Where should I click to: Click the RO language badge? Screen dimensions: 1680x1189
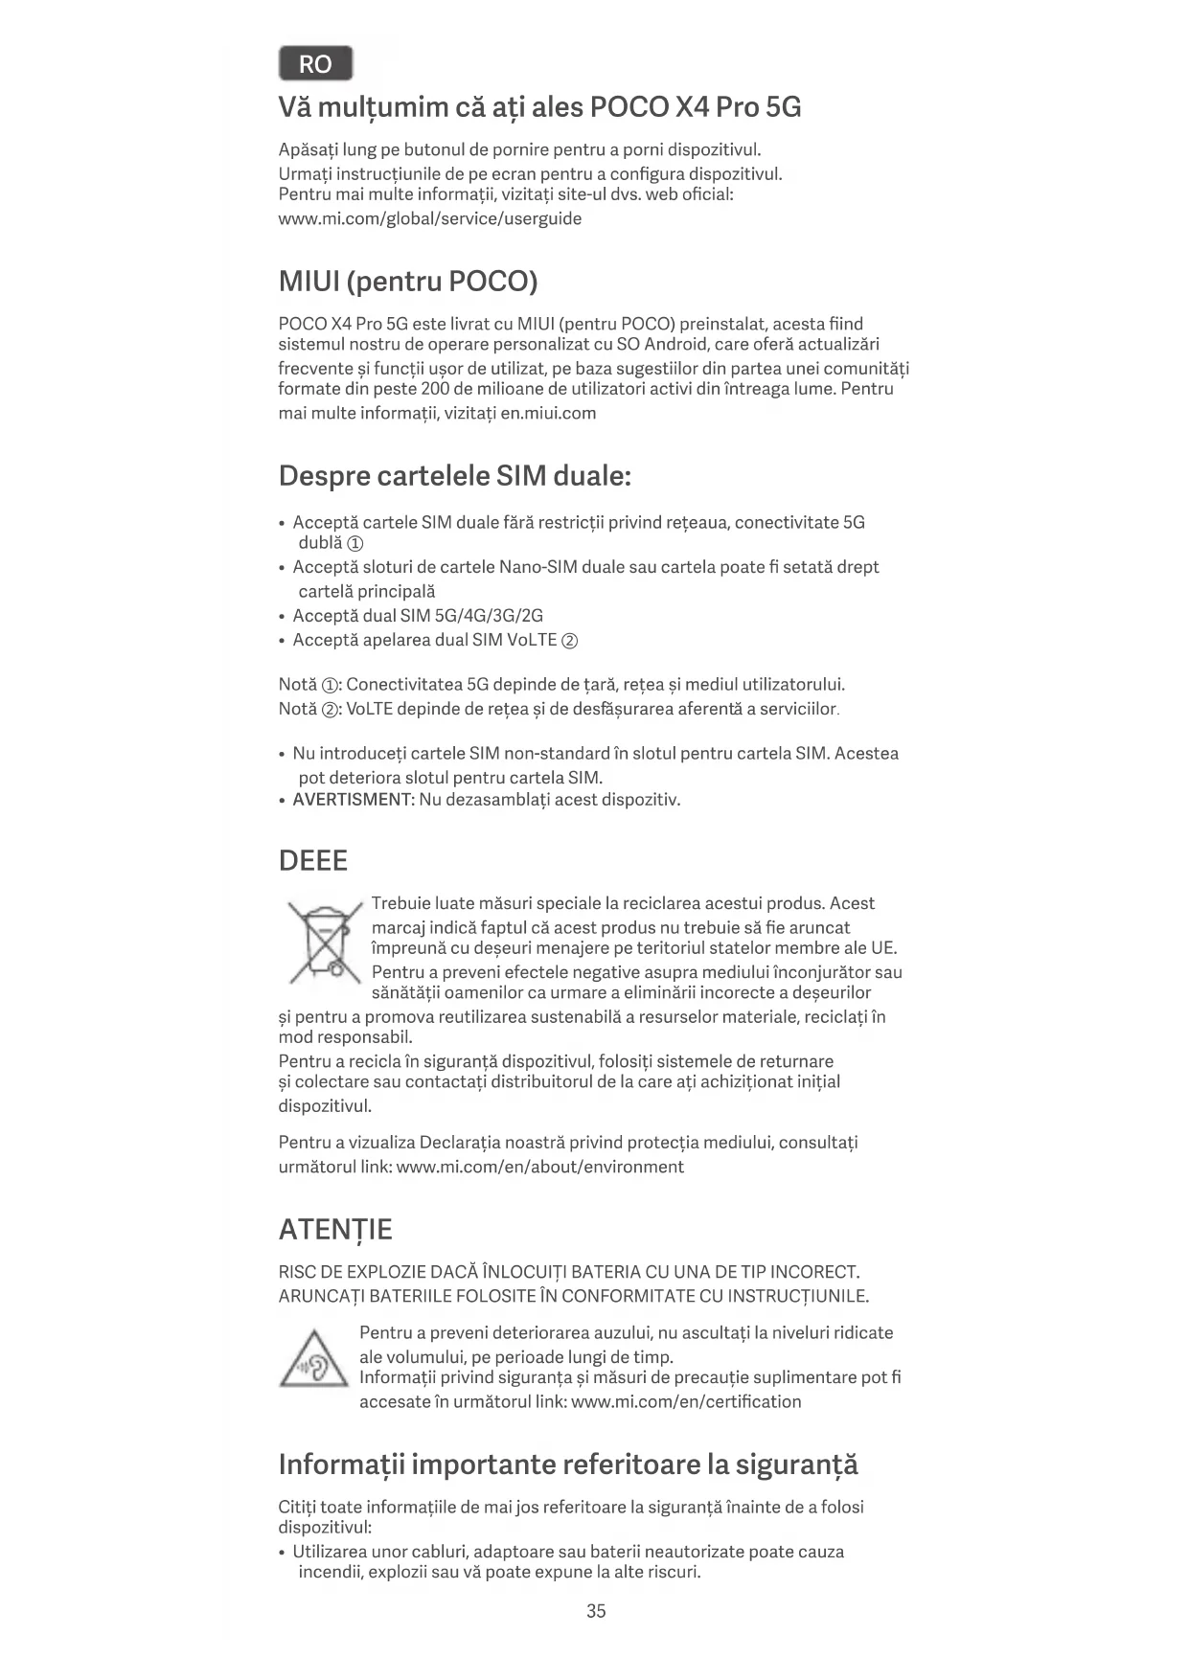pos(315,64)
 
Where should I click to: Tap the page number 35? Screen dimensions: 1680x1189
pos(596,1611)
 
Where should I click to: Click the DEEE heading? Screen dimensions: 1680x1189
pos(313,860)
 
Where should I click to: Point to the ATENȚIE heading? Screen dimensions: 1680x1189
pos(335,1230)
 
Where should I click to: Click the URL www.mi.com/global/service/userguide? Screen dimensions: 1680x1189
pos(430,218)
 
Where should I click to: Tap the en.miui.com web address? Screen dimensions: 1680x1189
pos(548,413)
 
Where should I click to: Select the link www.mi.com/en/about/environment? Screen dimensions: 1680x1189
pos(539,1167)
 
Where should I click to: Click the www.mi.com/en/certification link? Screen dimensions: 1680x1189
pos(686,1401)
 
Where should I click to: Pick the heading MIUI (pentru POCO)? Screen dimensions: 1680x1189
pos(408,282)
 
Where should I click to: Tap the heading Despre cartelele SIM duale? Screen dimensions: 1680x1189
pos(454,475)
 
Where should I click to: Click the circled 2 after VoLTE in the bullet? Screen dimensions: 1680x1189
pos(569,641)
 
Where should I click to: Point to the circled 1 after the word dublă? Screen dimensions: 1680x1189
pos(354,544)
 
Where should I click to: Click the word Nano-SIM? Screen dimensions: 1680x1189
pos(537,567)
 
